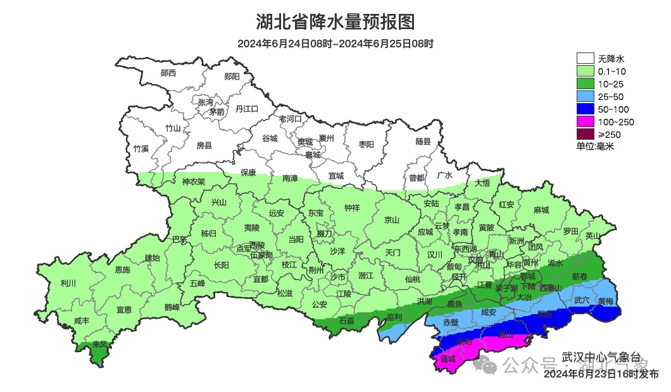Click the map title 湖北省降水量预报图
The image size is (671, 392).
335,22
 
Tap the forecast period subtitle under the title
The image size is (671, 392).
335,44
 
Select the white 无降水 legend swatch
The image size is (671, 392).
585,59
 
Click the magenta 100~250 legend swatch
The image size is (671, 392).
585,121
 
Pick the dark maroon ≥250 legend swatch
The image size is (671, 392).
585,134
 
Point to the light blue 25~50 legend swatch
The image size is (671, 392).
585,96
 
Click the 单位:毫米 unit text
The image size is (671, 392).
595,147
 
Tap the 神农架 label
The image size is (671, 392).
194,182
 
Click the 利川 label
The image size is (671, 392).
68,283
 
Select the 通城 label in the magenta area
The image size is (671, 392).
448,360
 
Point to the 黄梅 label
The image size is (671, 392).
605,301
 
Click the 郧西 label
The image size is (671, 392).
168,73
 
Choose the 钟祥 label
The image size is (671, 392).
351,207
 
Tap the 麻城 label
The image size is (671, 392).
541,210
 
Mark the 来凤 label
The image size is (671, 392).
99,345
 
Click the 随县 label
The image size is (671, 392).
423,142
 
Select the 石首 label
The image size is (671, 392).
347,321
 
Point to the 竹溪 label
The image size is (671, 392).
141,149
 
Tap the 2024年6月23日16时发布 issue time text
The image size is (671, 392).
601,374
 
